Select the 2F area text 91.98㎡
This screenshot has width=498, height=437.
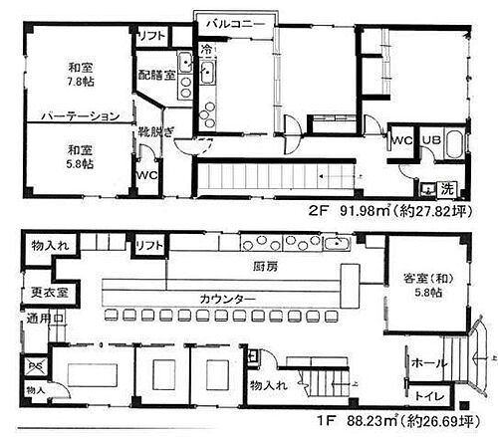[372, 211]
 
